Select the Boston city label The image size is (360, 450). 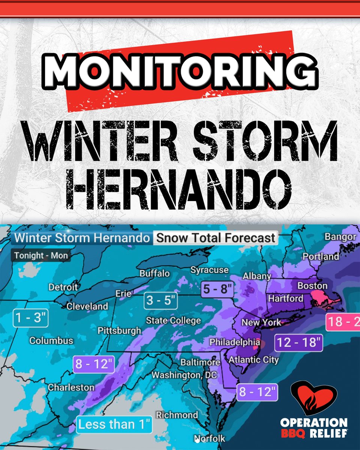pos(312,286)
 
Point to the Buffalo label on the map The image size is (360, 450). pos(154,273)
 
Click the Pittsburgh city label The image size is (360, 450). pos(119,331)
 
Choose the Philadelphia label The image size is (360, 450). pos(234,342)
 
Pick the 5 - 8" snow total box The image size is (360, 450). pos(217,289)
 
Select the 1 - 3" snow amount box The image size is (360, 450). pos(30,318)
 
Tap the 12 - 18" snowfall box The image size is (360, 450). pos(298,342)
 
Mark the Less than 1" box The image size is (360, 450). pos(115,425)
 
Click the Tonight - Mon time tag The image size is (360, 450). pos(41,256)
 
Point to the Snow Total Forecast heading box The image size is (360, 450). pos(216,238)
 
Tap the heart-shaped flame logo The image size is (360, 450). pos(314,397)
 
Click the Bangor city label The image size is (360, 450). pos(340,237)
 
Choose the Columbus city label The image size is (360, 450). pos(51,341)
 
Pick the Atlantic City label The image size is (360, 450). pos(253,360)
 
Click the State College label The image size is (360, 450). pos(173,321)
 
